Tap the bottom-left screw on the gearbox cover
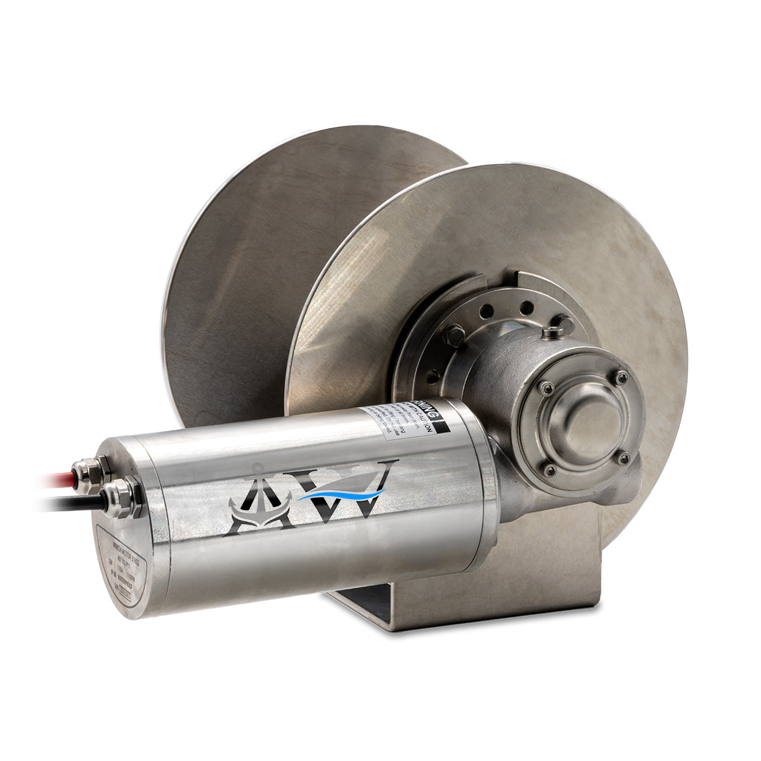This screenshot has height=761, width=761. (550, 469)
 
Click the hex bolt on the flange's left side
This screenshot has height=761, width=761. (453, 335)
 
